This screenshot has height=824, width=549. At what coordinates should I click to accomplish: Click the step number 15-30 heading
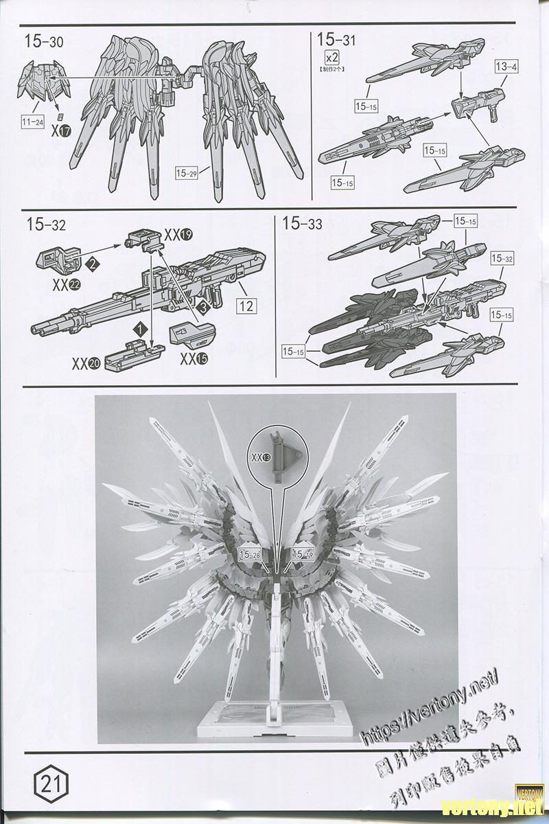[44, 42]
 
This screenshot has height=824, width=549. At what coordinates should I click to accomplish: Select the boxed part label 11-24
[32, 122]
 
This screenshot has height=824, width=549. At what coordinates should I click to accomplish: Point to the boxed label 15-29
[187, 174]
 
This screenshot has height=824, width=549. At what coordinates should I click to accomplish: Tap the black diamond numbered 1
[140, 330]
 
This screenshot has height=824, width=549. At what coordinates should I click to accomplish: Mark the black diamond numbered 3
[203, 308]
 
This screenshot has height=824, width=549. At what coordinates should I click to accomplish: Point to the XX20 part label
[89, 363]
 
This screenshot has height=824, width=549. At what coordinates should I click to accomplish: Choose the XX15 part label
[196, 358]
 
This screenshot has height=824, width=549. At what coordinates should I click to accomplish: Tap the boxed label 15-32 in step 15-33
[502, 259]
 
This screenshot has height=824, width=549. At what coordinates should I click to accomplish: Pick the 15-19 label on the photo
[303, 553]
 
